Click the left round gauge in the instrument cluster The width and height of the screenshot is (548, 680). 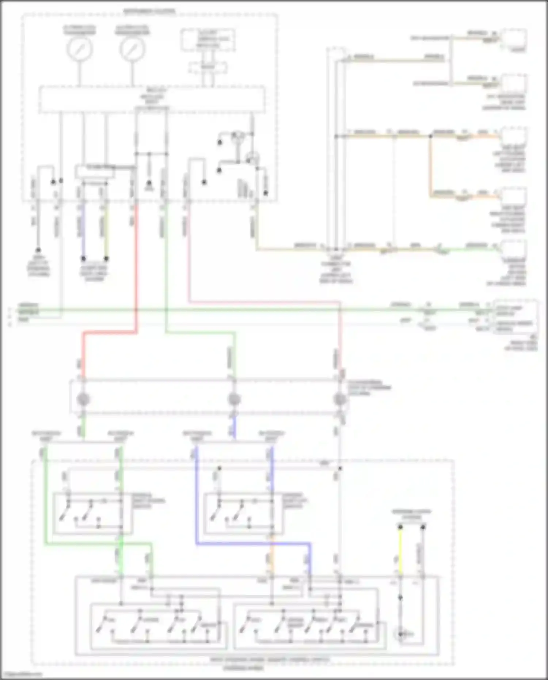(79, 49)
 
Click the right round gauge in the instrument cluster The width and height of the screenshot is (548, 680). (132, 49)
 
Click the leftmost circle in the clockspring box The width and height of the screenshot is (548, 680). (83, 399)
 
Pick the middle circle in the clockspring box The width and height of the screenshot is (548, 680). (234, 399)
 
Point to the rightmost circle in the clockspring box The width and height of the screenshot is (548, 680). (340, 399)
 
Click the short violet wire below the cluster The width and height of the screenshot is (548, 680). (83, 230)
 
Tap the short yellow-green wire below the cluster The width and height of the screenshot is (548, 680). (106, 230)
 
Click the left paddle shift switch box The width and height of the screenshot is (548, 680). (92, 513)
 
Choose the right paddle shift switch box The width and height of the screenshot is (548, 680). (242, 513)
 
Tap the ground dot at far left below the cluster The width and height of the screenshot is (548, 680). (38, 250)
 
